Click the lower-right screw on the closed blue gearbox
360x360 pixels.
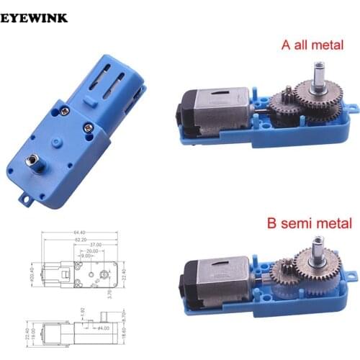click(88, 127)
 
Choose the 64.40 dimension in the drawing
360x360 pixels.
click(79, 233)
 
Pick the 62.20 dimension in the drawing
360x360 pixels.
click(78, 240)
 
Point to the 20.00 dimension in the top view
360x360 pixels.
click(91, 251)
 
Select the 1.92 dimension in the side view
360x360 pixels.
click(83, 310)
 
